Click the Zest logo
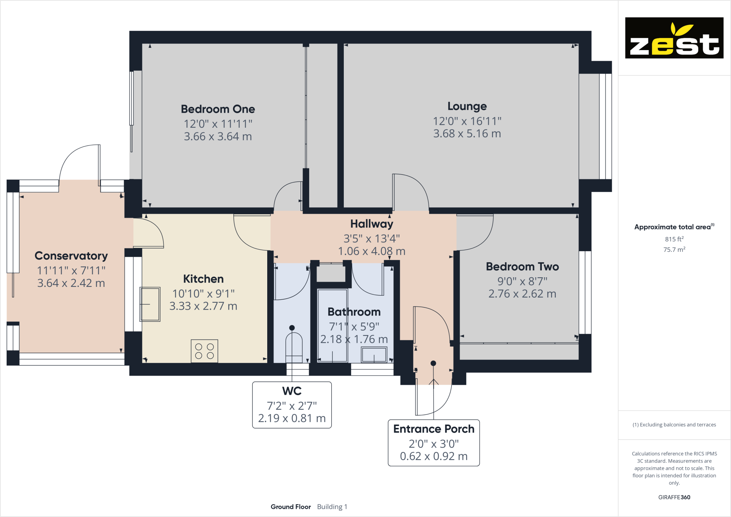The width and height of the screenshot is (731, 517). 674,38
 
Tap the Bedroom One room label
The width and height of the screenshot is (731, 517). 218,109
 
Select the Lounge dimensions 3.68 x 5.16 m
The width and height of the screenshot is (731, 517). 467,133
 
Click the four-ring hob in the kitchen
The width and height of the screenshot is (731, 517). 204,351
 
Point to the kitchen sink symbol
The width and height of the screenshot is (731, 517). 150,304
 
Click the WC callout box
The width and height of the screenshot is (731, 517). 292,405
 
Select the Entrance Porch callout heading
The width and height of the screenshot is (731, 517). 434,429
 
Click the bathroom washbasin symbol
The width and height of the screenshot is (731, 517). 374,355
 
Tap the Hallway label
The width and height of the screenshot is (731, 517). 371,224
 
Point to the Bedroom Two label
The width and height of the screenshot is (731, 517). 522,266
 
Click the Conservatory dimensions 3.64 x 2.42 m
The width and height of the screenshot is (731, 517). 71,283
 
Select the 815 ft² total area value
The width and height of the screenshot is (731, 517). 674,239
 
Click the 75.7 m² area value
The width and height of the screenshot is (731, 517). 674,250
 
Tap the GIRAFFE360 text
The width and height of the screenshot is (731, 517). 674,497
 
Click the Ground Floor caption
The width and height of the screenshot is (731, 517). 290,507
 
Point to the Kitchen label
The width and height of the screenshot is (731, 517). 203,279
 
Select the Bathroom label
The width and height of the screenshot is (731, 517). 354,312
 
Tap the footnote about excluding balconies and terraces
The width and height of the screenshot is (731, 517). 674,425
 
